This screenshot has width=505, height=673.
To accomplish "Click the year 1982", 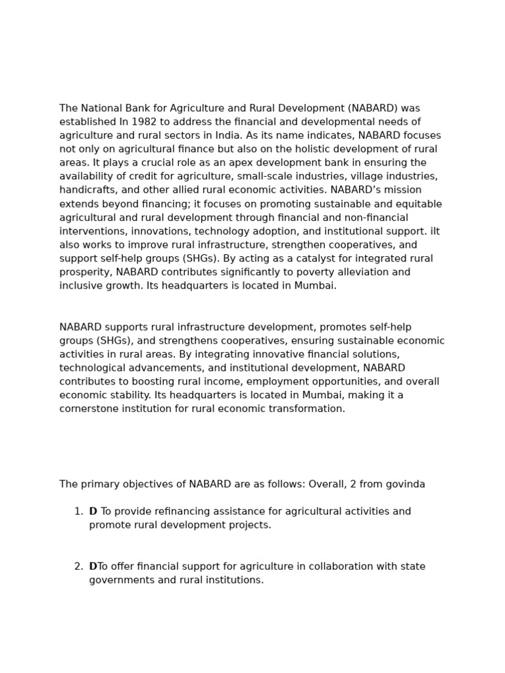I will pos(143,122).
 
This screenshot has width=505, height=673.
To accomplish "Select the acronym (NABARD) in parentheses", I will pos(374,108).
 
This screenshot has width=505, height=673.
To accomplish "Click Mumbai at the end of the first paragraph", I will pos(318,286).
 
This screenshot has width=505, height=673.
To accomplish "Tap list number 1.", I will pos(78,511).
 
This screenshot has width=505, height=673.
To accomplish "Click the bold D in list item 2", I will pos(93,567).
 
